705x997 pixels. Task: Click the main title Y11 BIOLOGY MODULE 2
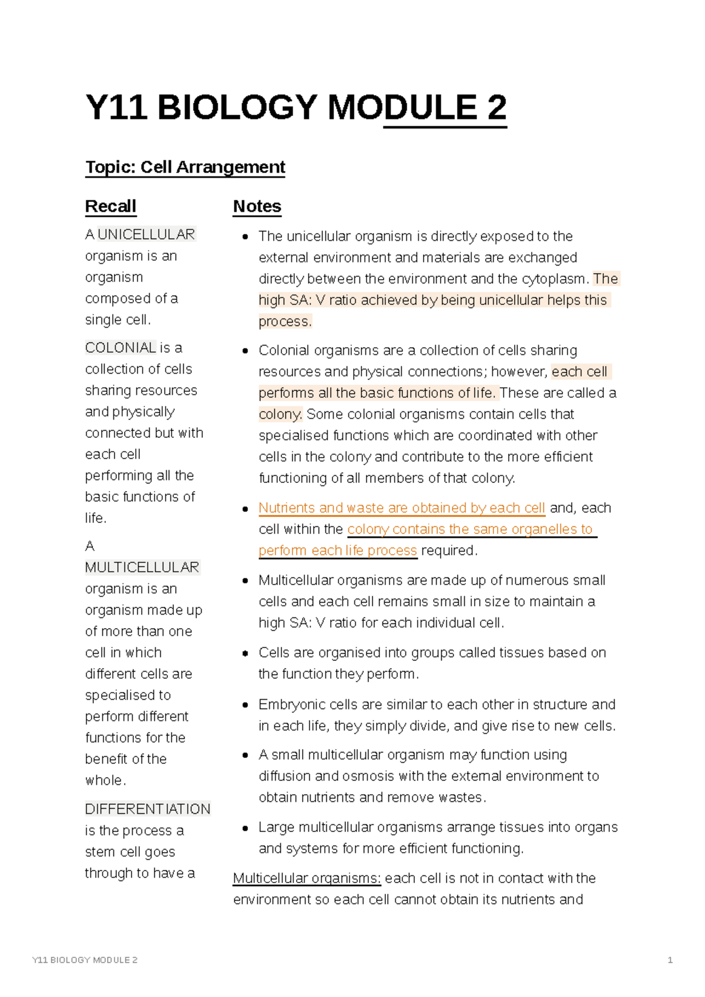coord(296,108)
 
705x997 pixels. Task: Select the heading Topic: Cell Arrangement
coord(185,167)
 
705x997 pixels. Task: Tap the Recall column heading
coord(110,207)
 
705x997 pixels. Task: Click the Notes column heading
coord(257,207)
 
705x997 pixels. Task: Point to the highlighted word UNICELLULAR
coord(146,234)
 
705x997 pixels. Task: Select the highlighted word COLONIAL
coord(120,348)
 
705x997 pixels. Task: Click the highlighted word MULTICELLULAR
coord(142,568)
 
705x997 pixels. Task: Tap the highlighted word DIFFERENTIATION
coord(147,809)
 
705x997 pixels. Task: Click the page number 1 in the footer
coord(670,960)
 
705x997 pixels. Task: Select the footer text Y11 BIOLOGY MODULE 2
coord(85,960)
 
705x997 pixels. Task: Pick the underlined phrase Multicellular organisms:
coord(307,878)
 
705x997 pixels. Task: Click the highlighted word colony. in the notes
coord(281,414)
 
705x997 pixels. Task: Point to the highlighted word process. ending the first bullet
coord(285,321)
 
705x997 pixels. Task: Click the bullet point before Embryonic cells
coord(246,705)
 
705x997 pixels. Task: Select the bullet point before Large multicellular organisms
coord(246,828)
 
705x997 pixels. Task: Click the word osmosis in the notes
coord(368,776)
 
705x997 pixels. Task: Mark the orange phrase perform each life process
coord(338,550)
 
